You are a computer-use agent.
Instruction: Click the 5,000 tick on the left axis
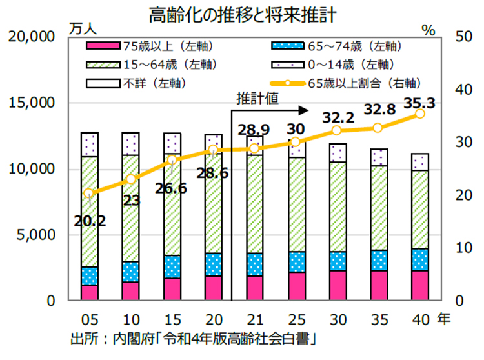(x=38, y=235)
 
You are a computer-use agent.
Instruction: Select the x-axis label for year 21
(x=254, y=318)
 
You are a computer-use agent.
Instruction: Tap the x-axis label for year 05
(x=89, y=318)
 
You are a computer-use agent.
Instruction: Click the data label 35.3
(x=419, y=102)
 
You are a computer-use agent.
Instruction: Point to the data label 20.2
(x=89, y=220)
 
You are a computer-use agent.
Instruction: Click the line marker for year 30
(x=337, y=130)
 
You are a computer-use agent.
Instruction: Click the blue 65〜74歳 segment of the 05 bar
(x=89, y=275)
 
